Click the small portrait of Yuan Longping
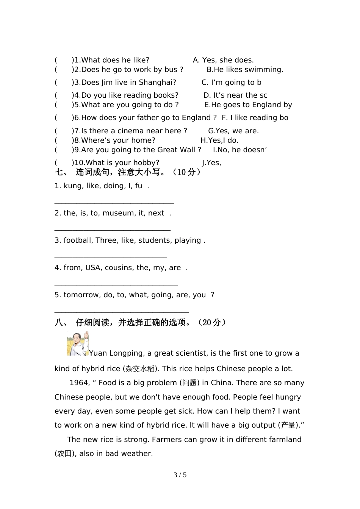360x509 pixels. click(78, 343)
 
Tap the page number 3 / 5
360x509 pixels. click(180, 475)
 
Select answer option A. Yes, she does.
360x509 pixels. click(223, 60)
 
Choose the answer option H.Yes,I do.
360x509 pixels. click(219, 141)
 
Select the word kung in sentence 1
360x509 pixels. click(73, 186)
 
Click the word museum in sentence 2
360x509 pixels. click(118, 213)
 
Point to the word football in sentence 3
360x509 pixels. click(78, 240)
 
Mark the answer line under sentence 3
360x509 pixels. click(111, 257)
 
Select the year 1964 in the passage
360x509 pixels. click(79, 383)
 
